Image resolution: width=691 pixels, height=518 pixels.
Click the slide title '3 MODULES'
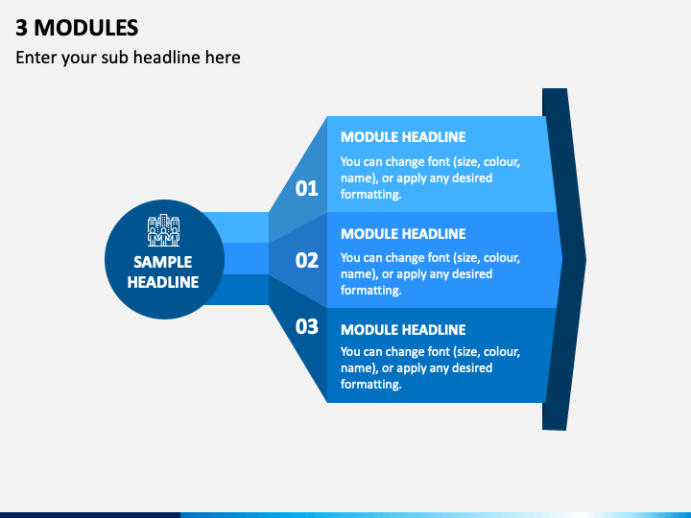[x=77, y=28]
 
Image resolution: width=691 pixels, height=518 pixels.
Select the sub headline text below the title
[x=128, y=58]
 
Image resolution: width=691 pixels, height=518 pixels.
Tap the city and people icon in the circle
[x=163, y=230]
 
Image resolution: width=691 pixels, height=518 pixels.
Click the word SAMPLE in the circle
[x=162, y=262]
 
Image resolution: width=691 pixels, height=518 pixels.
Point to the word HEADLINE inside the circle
[x=163, y=282]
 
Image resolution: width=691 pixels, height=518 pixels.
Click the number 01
[x=307, y=189]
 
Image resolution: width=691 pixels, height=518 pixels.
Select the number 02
[x=307, y=260]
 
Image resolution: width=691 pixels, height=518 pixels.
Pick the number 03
[x=307, y=327]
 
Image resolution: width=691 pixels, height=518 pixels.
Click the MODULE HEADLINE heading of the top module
[x=403, y=137]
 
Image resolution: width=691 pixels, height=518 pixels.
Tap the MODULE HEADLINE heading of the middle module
[x=403, y=234]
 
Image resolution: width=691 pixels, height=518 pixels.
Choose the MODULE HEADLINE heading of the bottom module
[x=403, y=330]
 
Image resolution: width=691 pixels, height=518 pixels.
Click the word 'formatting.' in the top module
[x=371, y=195]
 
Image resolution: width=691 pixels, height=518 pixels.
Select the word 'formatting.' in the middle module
[x=371, y=291]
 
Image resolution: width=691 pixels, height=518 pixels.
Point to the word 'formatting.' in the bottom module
[x=371, y=385]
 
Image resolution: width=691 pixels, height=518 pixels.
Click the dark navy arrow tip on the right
[x=585, y=259]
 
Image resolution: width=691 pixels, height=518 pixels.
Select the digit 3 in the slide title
[x=21, y=28]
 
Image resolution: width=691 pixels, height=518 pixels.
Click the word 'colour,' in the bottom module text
[x=502, y=352]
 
